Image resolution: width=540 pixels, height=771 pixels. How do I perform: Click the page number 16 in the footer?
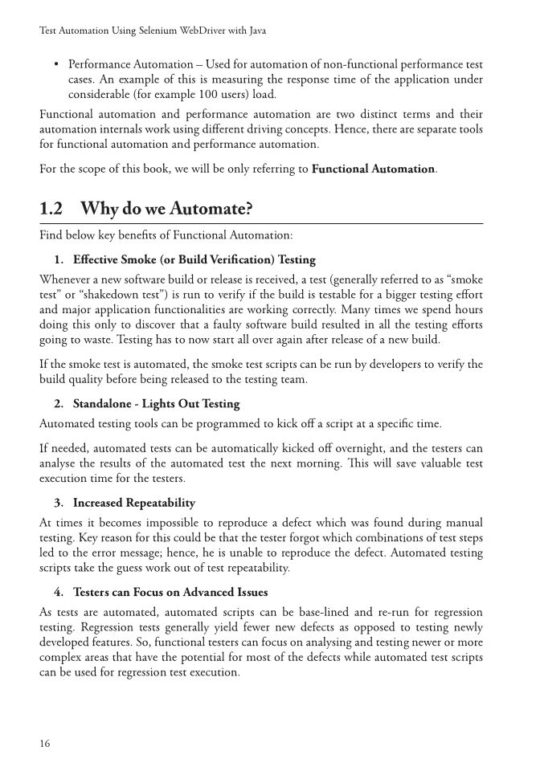[45, 744]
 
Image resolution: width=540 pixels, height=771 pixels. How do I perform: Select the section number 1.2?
[51, 210]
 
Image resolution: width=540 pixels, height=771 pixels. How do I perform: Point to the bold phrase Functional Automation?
[373, 169]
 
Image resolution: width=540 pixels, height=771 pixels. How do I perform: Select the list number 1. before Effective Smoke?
[59, 260]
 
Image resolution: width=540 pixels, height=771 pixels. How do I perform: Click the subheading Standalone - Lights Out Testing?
[156, 403]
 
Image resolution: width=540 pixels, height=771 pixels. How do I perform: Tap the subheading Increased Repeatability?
[133, 503]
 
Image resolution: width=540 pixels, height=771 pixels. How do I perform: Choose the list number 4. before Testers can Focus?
[59, 593]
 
